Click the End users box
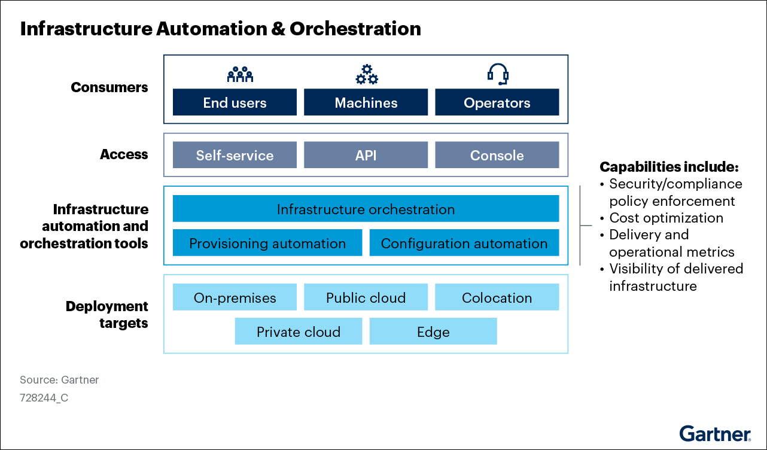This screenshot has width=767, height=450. click(235, 102)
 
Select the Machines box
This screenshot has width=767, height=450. click(366, 102)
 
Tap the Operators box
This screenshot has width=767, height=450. click(497, 102)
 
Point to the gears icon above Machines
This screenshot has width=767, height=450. click(366, 74)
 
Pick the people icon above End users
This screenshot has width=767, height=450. click(240, 74)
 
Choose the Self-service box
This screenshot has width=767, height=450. click(235, 155)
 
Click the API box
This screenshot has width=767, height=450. click(366, 155)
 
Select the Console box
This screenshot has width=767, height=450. click(497, 155)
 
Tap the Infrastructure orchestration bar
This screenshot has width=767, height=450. click(366, 209)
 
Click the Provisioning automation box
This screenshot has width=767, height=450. click(267, 243)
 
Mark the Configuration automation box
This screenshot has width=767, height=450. click(464, 243)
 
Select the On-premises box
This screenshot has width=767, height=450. click(235, 297)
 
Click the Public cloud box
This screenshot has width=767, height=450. click(366, 297)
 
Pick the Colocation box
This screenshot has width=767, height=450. click(497, 297)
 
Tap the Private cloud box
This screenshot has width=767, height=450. click(298, 332)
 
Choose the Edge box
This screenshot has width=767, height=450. click(433, 332)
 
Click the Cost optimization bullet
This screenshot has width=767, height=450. click(665, 218)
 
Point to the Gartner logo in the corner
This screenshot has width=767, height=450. click(714, 433)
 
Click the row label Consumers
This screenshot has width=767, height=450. click(109, 87)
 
